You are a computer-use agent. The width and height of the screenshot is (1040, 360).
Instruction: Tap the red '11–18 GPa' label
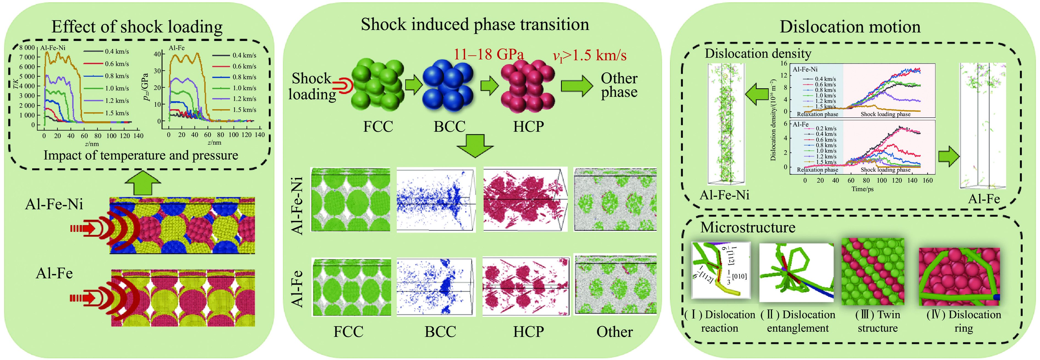(x=489, y=54)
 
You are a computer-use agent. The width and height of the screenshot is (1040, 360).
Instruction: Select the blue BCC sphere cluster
(x=448, y=86)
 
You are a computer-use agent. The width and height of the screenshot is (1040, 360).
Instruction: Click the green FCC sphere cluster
(x=377, y=86)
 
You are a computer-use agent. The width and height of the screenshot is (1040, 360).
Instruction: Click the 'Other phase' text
(x=619, y=85)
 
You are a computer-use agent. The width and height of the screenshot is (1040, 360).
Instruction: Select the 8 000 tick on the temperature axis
(x=27, y=48)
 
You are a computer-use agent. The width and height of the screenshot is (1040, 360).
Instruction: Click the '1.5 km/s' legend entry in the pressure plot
(x=244, y=110)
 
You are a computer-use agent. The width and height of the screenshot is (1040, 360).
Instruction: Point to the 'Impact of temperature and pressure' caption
(x=141, y=155)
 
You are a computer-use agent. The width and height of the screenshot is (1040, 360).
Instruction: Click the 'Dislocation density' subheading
(x=757, y=54)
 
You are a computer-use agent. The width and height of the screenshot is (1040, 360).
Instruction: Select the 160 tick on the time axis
(x=928, y=180)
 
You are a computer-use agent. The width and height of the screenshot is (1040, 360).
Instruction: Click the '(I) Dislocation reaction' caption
(x=720, y=321)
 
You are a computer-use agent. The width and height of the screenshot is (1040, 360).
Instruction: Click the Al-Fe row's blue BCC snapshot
(x=435, y=287)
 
